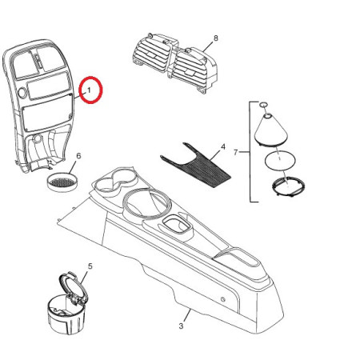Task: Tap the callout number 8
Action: (x=216, y=38)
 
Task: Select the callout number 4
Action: (x=223, y=146)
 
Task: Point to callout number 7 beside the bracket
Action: (x=235, y=153)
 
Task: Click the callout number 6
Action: (x=78, y=156)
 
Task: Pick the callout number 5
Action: (x=90, y=266)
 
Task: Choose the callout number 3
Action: (x=181, y=326)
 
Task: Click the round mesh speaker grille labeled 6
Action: (x=62, y=182)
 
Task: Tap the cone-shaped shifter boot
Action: (x=270, y=130)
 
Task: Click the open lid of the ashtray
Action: (x=73, y=289)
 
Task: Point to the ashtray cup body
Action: (x=66, y=316)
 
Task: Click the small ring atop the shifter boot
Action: (x=263, y=104)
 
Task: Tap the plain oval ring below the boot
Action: (x=280, y=160)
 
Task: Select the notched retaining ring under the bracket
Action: (x=289, y=186)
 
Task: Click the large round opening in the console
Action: (x=146, y=204)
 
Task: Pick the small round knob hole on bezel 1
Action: (x=22, y=93)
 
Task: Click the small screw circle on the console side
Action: (x=223, y=299)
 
